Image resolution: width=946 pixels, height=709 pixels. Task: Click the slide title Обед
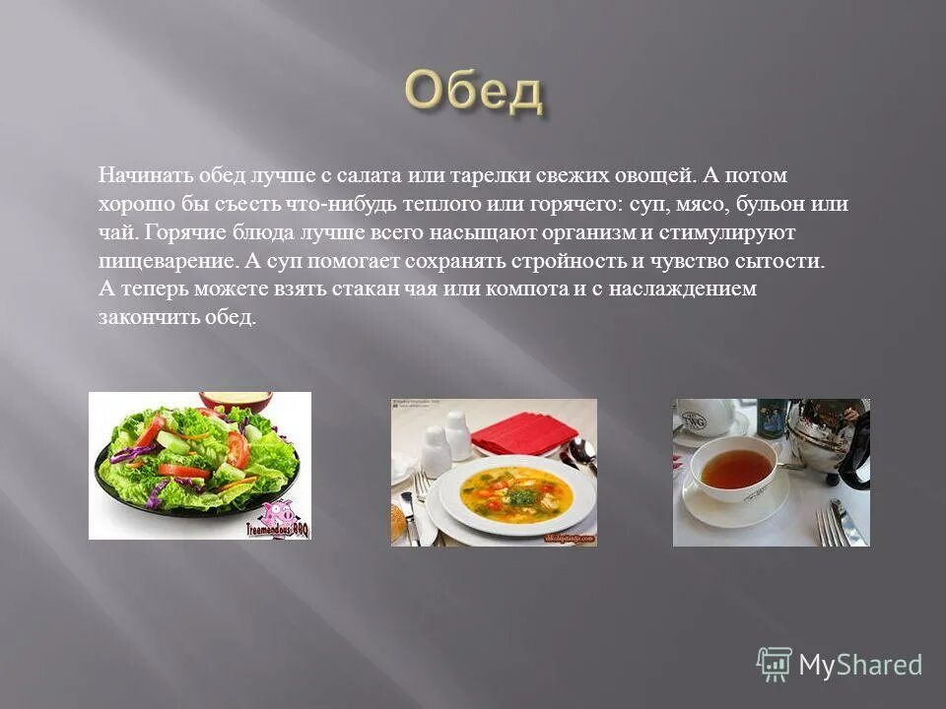tap(472, 93)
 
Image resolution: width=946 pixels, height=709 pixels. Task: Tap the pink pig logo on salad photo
tap(279, 515)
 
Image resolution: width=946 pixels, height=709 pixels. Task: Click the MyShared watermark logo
tap(839, 665)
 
